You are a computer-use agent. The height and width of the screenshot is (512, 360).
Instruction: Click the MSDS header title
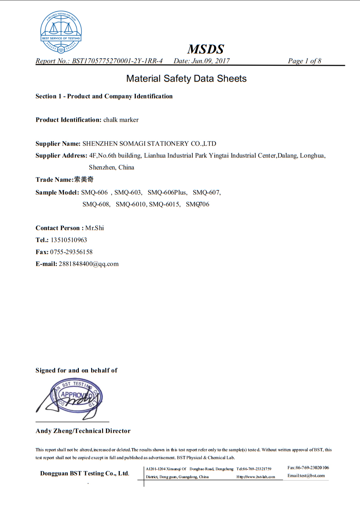coord(206,49)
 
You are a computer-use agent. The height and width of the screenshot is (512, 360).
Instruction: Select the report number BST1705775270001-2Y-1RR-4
coord(117,61)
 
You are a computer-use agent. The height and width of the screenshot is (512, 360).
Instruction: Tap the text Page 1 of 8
coord(304,61)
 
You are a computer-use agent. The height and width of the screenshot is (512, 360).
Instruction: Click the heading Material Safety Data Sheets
coord(186,78)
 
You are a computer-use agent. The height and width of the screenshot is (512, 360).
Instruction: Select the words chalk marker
coord(121,120)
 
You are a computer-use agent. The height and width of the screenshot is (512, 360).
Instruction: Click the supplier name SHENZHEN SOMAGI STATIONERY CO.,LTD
coord(149,144)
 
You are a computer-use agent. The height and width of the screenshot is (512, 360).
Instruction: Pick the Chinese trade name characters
coord(84,180)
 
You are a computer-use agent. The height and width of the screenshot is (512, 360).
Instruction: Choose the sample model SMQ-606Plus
coord(167,192)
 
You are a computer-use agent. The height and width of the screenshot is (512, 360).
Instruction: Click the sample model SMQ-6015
coord(165,204)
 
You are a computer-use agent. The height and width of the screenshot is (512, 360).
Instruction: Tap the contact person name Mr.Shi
coord(95,228)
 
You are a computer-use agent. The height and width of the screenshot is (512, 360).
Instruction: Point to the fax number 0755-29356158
coord(68,252)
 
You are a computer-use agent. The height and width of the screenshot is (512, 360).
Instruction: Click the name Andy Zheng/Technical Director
coord(83,431)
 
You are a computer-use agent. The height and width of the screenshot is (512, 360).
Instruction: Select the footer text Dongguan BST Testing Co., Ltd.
coord(85,473)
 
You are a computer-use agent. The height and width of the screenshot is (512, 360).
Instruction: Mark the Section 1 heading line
coord(104,96)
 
